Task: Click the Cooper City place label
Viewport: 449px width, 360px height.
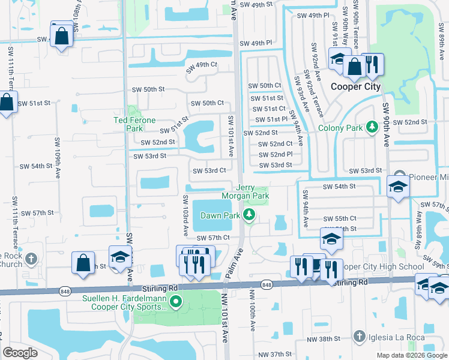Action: [x=356, y=86]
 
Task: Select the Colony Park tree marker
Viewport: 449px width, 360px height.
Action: [x=372, y=127]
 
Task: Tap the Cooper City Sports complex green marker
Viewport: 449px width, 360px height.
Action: [x=175, y=302]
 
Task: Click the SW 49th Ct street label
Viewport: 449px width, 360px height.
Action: [x=202, y=65]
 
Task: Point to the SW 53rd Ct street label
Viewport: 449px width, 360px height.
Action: [x=209, y=170]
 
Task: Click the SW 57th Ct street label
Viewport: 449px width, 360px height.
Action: [x=213, y=238]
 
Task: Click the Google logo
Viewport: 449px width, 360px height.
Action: [x=20, y=353]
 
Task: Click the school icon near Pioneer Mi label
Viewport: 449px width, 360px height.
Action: [x=398, y=187]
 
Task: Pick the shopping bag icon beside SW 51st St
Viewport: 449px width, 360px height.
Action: [x=6, y=103]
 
